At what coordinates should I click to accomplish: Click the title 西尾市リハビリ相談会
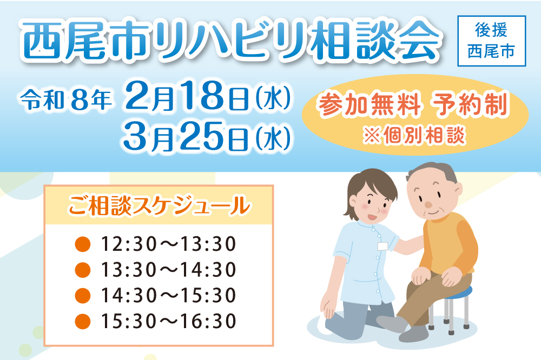coord(230,41)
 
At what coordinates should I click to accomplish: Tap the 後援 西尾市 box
coord(491,41)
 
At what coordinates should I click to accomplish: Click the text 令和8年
coord(66,100)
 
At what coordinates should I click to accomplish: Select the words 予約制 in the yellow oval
coord(471,104)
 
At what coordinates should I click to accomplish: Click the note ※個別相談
coord(414,135)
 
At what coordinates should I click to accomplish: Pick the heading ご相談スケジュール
coord(159,205)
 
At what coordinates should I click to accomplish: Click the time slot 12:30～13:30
coord(169,244)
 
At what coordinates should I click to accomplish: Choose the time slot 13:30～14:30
coord(169,269)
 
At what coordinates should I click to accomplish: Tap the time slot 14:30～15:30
coord(169,295)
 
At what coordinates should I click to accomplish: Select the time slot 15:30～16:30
coord(169,321)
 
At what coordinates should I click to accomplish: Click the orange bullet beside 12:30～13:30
coord(83,244)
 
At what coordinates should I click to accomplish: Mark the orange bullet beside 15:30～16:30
coord(83,322)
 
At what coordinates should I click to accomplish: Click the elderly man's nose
coord(428,204)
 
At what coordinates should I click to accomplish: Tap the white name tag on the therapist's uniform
coord(383,246)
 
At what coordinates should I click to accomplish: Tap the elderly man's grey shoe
coord(414,334)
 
